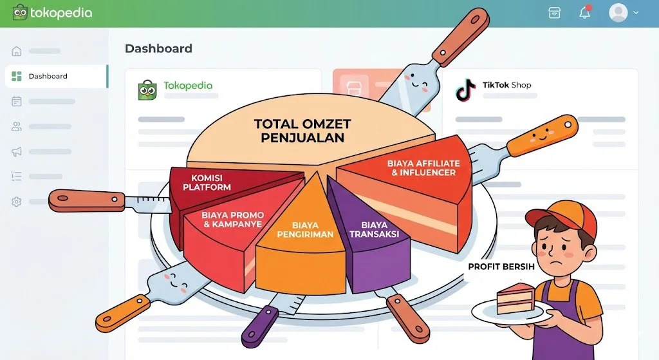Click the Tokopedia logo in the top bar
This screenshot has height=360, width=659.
click(52, 12)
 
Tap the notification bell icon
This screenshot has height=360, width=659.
click(584, 13)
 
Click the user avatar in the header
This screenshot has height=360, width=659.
click(618, 13)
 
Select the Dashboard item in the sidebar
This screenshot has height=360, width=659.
click(48, 76)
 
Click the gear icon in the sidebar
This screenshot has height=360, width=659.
click(17, 202)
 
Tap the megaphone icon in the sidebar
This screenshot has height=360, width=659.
click(17, 151)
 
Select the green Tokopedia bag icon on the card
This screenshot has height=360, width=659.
click(147, 90)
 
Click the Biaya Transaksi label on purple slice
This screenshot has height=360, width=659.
click(374, 229)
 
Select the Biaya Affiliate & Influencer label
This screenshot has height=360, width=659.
click(423, 168)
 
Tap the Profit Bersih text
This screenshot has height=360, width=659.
click(501, 267)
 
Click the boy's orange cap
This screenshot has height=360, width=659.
click(564, 214)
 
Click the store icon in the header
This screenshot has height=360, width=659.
click(554, 13)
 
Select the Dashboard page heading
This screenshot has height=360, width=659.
click(158, 48)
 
